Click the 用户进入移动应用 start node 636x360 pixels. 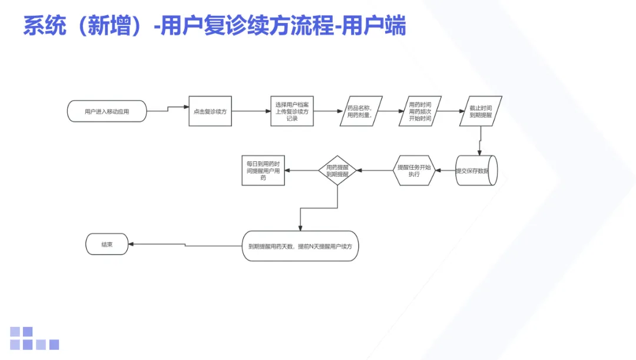pyautogui.click(x=107, y=111)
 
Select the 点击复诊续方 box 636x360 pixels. pyautogui.click(x=210, y=111)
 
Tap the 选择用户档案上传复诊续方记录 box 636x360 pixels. pyautogui.click(x=292, y=111)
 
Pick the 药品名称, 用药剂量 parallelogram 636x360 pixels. pyautogui.click(x=360, y=111)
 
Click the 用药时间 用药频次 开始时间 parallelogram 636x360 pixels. pyautogui.click(x=420, y=111)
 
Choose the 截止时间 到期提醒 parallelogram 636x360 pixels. pyautogui.click(x=481, y=111)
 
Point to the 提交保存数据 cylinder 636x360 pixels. pyautogui.click(x=476, y=171)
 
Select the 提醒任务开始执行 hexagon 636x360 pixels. pyautogui.click(x=414, y=171)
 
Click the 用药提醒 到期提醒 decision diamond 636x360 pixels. pyautogui.click(x=337, y=171)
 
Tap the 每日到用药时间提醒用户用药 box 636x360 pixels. pyautogui.click(x=263, y=170)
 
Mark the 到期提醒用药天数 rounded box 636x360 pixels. pyautogui.click(x=300, y=245)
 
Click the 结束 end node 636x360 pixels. pyautogui.click(x=107, y=244)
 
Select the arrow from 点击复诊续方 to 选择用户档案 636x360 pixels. pyautogui.click(x=251, y=111)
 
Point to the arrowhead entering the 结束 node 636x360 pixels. pyautogui.click(x=132, y=244)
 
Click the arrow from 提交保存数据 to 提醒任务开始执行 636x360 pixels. pyautogui.click(x=445, y=171)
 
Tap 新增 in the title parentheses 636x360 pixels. pyautogui.click(x=104, y=27)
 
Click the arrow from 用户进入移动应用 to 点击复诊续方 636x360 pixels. pyautogui.click(x=167, y=109)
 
